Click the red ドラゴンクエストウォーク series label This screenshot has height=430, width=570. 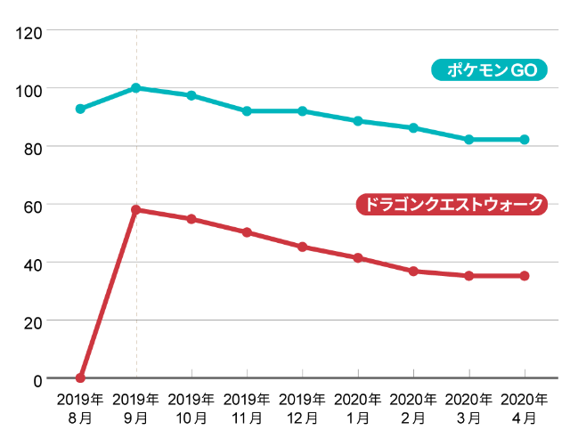(x=452, y=204)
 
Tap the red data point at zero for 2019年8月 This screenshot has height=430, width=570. (x=80, y=378)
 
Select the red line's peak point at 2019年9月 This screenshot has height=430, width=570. (x=136, y=210)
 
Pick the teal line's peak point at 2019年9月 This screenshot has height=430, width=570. (x=136, y=88)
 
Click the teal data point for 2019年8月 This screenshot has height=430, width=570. (x=80, y=109)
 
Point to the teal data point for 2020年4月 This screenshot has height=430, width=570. (x=525, y=140)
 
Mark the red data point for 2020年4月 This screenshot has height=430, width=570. (x=525, y=276)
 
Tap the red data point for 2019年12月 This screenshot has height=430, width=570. (x=303, y=247)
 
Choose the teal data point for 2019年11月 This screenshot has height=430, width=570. (x=247, y=111)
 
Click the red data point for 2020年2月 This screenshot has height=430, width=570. (x=413, y=271)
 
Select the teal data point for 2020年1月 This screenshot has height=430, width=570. (x=358, y=121)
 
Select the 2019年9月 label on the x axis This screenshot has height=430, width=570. (x=136, y=407)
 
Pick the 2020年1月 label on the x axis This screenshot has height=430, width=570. (x=358, y=407)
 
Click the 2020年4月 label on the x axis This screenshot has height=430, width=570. (x=525, y=407)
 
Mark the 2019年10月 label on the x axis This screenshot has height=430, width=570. (x=191, y=407)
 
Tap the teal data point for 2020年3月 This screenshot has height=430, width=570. (x=469, y=140)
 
